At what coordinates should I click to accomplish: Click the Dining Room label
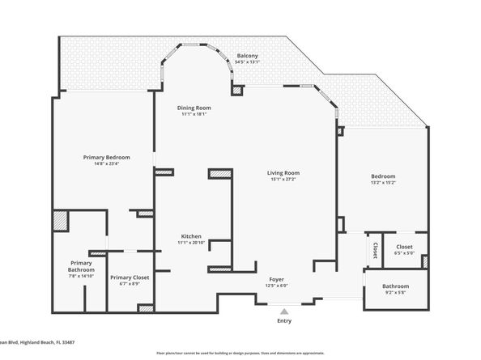click(194, 108)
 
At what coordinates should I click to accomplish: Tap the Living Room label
click(284, 172)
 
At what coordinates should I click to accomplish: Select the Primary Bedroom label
click(107, 157)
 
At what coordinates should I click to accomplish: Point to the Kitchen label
click(191, 236)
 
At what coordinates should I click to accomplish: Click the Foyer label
click(277, 279)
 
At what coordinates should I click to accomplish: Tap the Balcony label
click(248, 55)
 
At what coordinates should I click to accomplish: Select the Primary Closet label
click(130, 277)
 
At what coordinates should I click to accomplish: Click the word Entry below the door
click(283, 321)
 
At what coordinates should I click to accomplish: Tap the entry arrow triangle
click(283, 310)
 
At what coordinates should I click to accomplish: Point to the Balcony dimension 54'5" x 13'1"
click(248, 61)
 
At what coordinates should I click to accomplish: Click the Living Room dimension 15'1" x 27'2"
click(284, 179)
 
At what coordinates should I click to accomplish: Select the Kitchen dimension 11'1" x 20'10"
click(191, 243)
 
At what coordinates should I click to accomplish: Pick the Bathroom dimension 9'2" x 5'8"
click(396, 292)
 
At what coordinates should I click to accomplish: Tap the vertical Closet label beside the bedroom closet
click(376, 251)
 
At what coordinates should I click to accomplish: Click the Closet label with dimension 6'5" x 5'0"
click(404, 247)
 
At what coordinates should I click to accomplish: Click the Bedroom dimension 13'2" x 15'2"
click(383, 183)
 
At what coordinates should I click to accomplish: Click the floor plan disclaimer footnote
click(240, 354)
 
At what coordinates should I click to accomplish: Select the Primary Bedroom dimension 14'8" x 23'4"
click(107, 163)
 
